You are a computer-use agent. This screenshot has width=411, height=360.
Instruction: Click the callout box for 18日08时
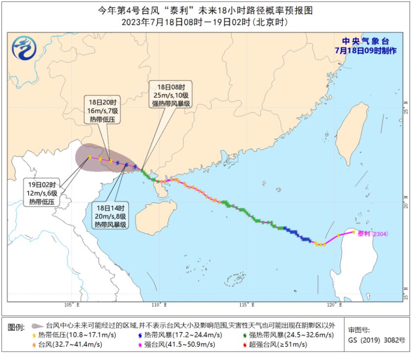coord(171,94)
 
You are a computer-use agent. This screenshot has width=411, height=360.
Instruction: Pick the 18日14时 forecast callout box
coord(111,216)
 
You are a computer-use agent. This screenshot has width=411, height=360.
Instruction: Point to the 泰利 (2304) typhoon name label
coord(374,233)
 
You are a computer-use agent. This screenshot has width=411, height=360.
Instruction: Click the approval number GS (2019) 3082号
coord(376,340)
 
